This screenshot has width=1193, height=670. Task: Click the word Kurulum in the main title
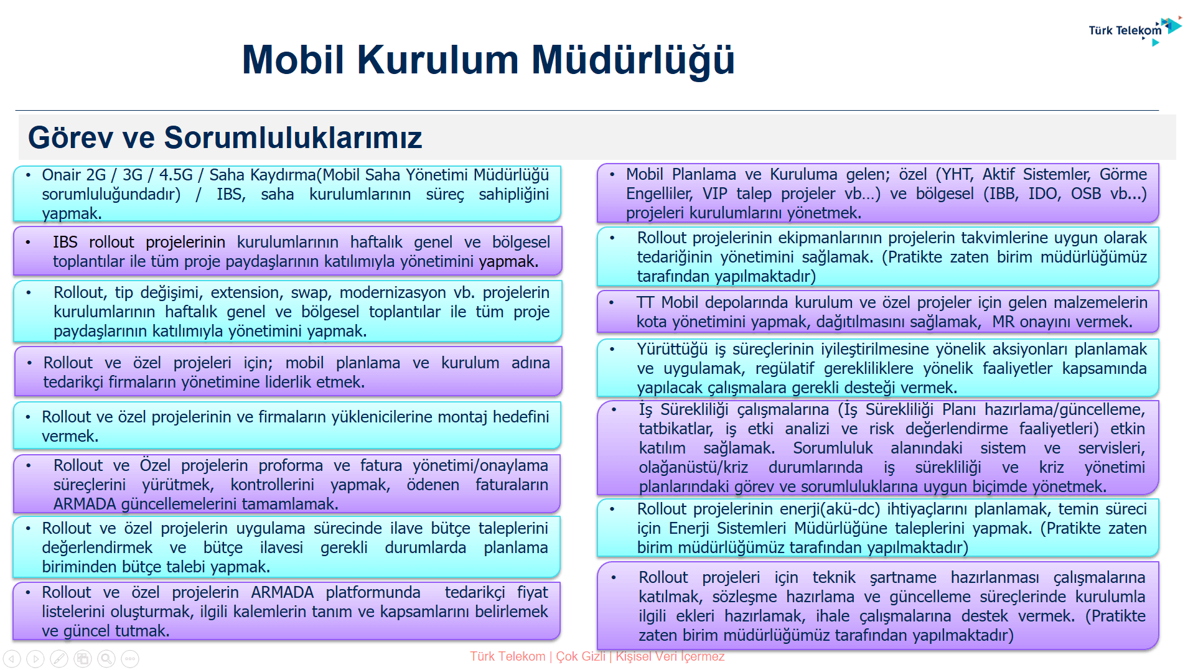437,60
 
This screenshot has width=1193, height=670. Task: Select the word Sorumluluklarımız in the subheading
293,137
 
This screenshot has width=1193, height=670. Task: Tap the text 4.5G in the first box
176,175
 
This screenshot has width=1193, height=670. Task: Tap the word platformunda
373,593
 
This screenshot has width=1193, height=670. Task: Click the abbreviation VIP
715,194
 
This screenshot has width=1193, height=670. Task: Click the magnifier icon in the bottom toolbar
106,658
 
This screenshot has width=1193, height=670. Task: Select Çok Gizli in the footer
580,656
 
